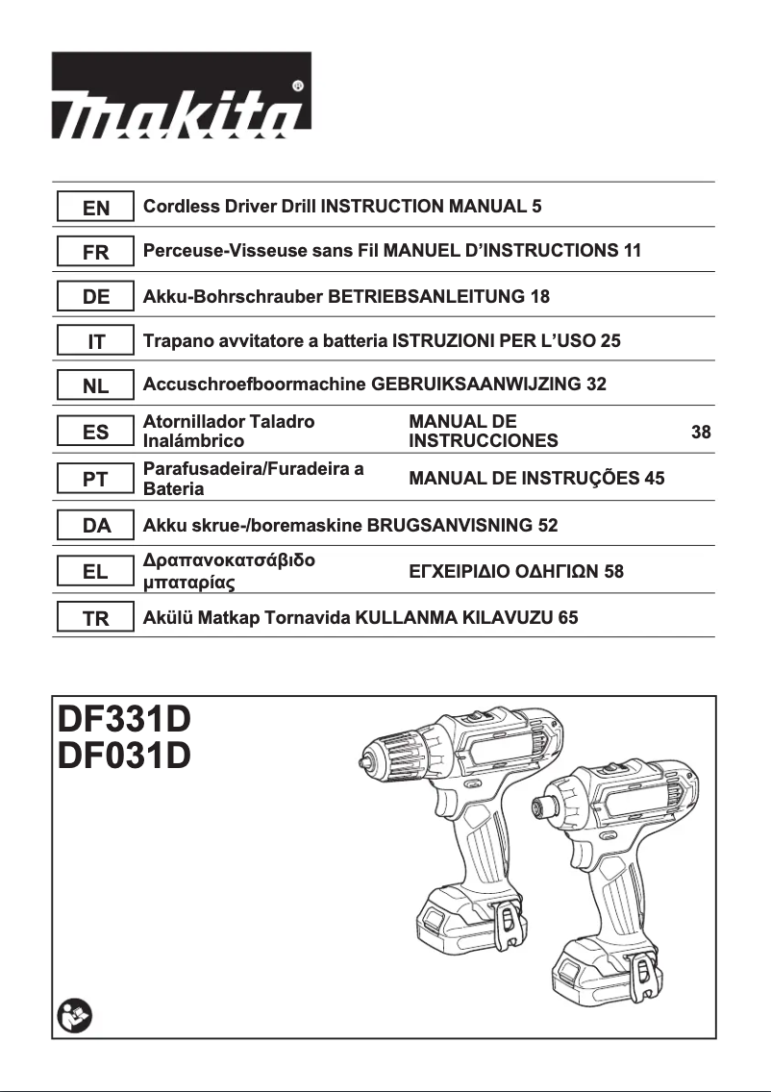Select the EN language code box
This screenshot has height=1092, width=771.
tap(95, 208)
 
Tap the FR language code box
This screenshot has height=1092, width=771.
tap(95, 253)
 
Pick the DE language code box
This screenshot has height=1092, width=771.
tap(95, 298)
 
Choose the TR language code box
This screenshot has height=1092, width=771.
tap(95, 619)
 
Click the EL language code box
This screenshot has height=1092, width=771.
tap(95, 573)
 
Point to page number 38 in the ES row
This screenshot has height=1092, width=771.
tap(701, 433)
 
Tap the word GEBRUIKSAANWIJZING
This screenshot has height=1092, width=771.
tap(476, 385)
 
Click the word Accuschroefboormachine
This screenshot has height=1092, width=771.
tap(255, 385)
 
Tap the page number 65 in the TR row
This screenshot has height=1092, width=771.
tap(567, 618)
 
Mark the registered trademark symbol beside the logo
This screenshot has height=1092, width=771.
tap(298, 86)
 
